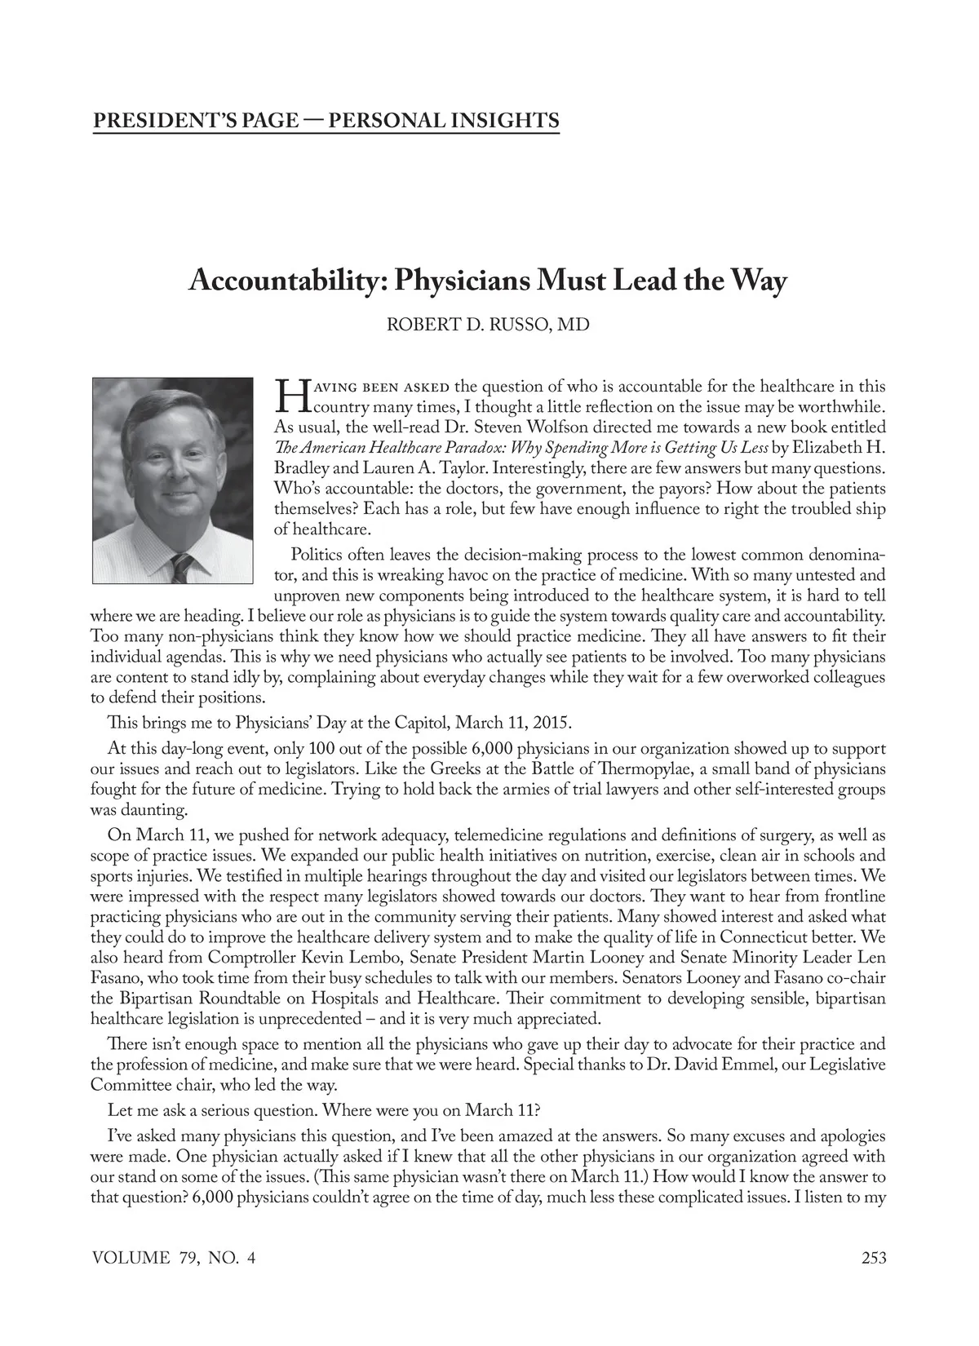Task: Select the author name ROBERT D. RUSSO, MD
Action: [x=487, y=325]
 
